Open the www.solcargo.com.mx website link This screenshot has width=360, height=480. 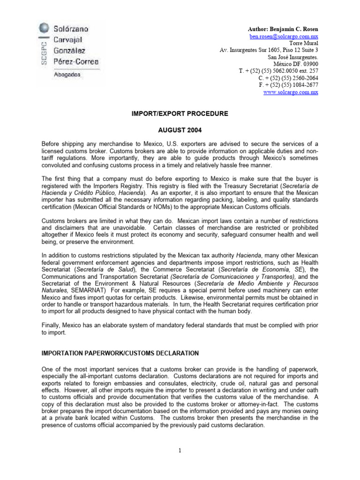tap(292, 92)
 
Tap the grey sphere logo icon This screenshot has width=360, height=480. tap(44, 27)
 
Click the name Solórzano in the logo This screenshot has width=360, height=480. tap(70, 29)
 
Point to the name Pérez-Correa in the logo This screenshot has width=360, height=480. tap(75, 61)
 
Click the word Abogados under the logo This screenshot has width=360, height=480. tap(67, 74)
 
